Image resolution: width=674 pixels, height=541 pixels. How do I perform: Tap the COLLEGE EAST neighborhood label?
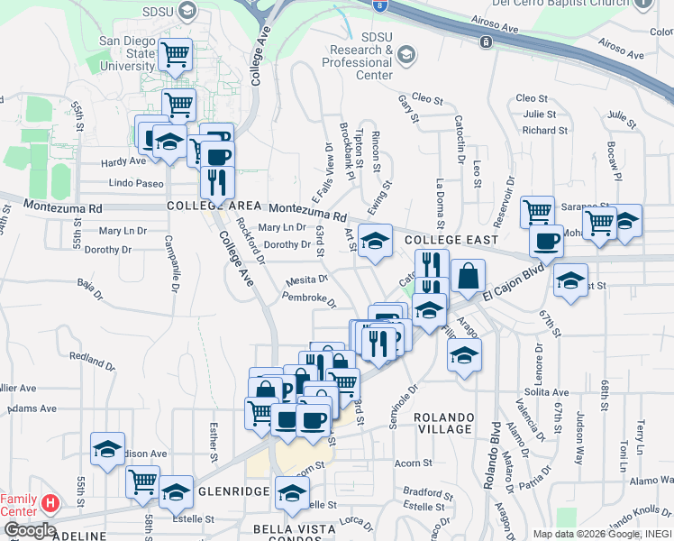click(451, 240)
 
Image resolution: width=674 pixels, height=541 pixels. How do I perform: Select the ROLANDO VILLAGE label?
click(444, 423)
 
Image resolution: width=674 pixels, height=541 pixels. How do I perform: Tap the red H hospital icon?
click(50, 502)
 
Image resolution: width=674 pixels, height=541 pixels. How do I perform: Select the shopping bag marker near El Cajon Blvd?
click(469, 277)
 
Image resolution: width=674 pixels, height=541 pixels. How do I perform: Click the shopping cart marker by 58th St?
click(142, 481)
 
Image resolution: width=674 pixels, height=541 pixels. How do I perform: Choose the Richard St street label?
click(544, 130)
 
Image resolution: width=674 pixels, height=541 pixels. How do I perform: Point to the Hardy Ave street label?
click(123, 161)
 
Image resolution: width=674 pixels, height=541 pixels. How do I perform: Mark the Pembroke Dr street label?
click(308, 299)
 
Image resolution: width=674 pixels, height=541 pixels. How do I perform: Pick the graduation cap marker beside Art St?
click(376, 240)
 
